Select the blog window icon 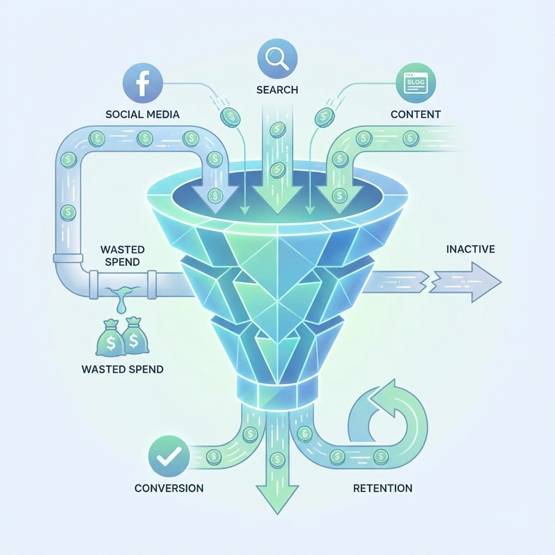point(416,83)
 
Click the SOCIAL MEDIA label point(143,114)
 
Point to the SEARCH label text point(277,89)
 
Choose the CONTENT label point(416,114)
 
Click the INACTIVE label point(470,249)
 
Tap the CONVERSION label point(169,488)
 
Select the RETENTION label point(383,488)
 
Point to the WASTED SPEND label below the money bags point(122,369)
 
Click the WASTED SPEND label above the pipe point(122,256)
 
